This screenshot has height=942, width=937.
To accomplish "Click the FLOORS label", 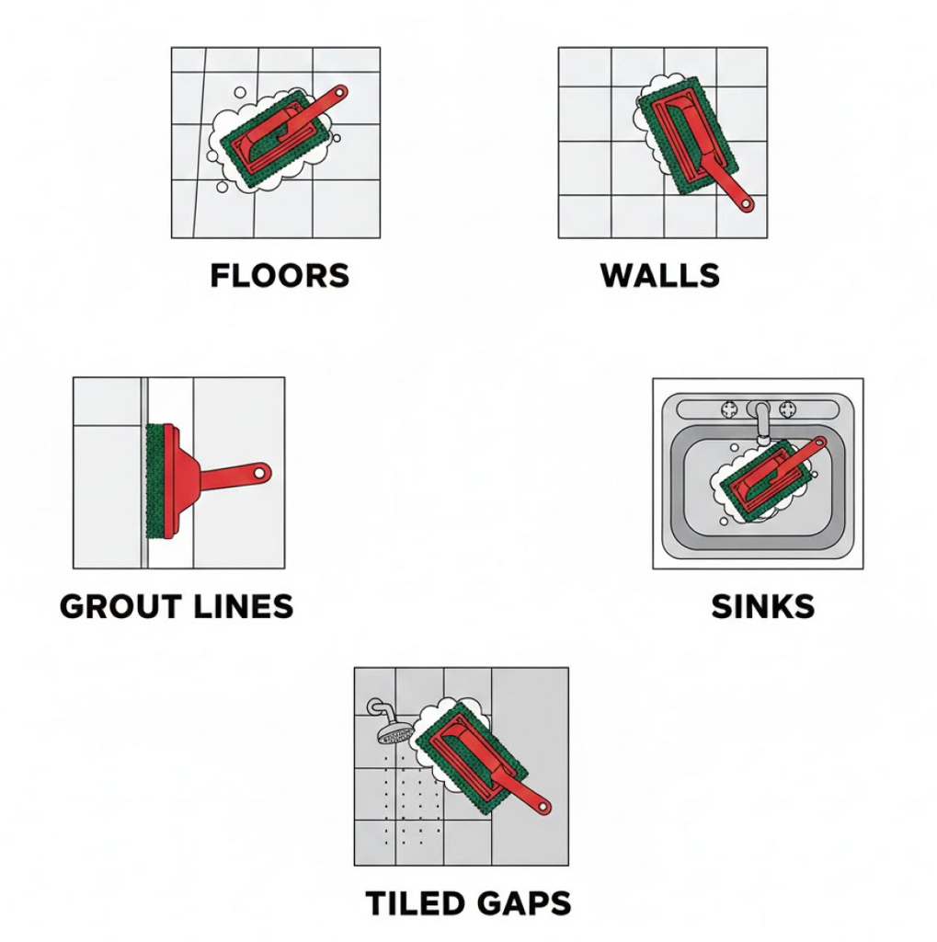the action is pos(280,276).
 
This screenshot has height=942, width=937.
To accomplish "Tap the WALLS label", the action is pos(660,276).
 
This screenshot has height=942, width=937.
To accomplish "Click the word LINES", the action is pos(244,606).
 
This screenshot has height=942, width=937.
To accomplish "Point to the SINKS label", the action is pos(763,606).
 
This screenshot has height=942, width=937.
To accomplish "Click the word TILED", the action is pos(415,903).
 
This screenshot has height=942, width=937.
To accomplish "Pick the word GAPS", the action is pos(522,903).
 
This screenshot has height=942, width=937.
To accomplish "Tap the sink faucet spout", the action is pos(761,423).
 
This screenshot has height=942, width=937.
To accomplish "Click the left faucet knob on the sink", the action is pos(730,409).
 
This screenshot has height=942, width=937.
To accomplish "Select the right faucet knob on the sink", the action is pos(787,409).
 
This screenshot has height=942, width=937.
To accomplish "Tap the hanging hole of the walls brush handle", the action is pos(746,204).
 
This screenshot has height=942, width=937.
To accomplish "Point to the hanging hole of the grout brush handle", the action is pos(260,474).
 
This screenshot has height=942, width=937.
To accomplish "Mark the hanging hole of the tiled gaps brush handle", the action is pos(543,806).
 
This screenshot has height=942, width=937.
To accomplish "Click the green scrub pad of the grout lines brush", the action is pos(155,480).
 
